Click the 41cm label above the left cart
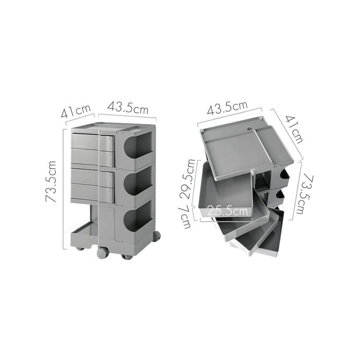(76, 111)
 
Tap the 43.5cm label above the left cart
(128, 107)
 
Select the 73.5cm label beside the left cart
(51, 182)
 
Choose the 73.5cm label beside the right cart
(306, 194)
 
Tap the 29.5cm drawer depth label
(187, 178)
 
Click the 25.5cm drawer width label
(227, 211)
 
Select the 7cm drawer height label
(186, 217)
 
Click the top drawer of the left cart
(93, 141)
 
